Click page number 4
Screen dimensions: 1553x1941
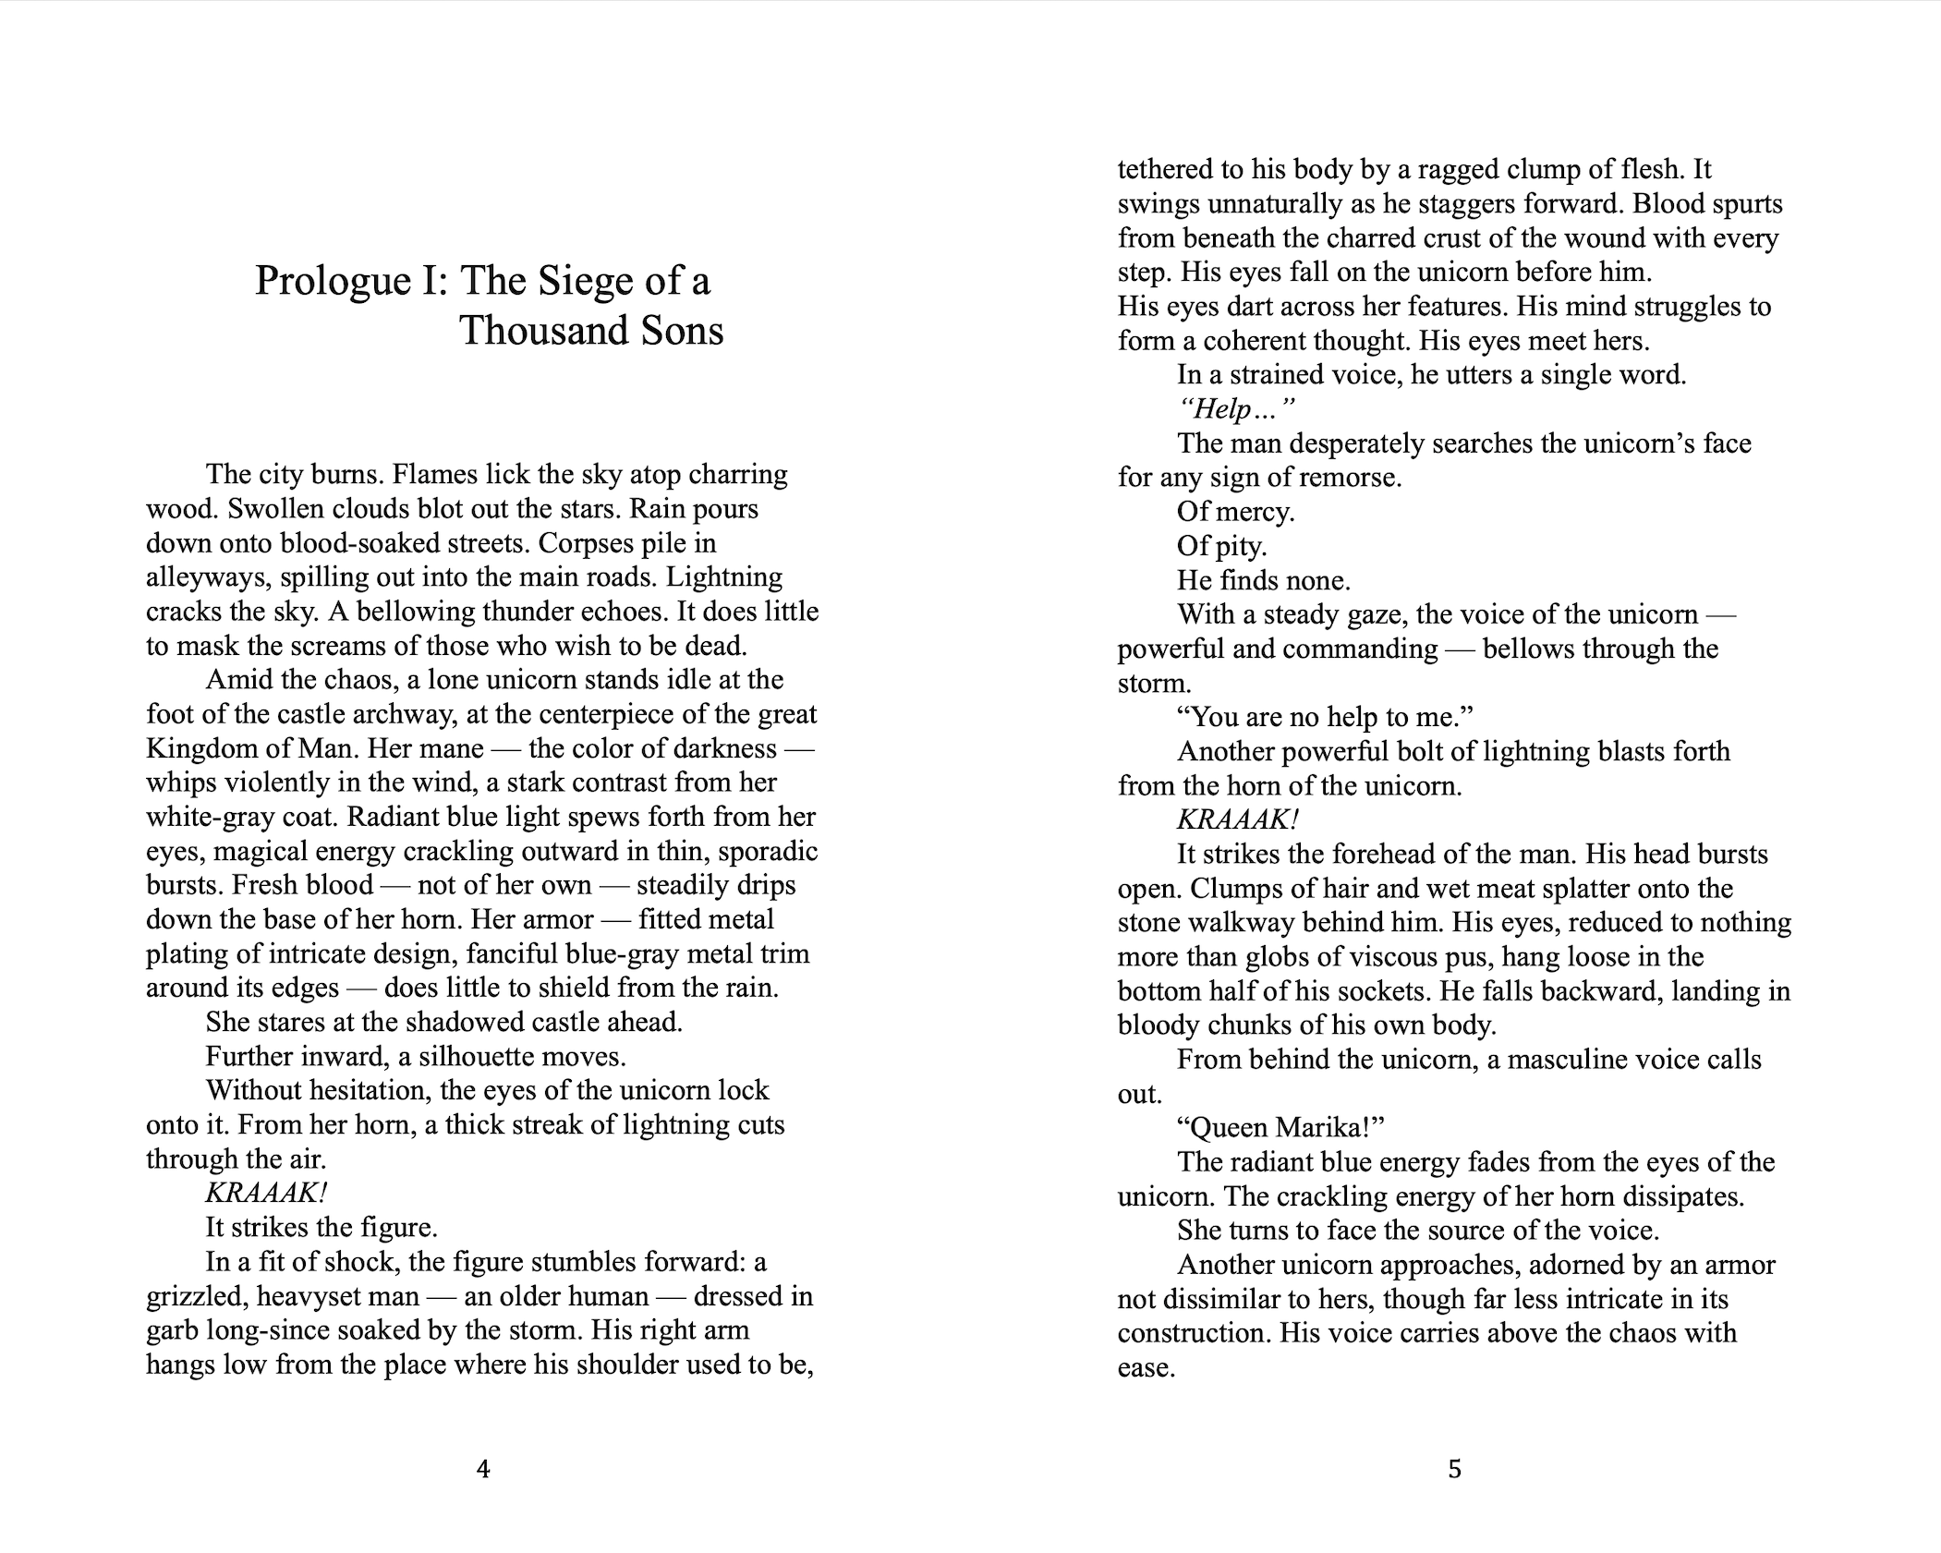pyautogui.click(x=483, y=1468)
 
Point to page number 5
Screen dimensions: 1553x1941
pyautogui.click(x=1454, y=1468)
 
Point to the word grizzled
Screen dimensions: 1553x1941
pyautogui.click(x=194, y=1296)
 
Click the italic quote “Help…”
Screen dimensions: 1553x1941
pyautogui.click(x=1236, y=409)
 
